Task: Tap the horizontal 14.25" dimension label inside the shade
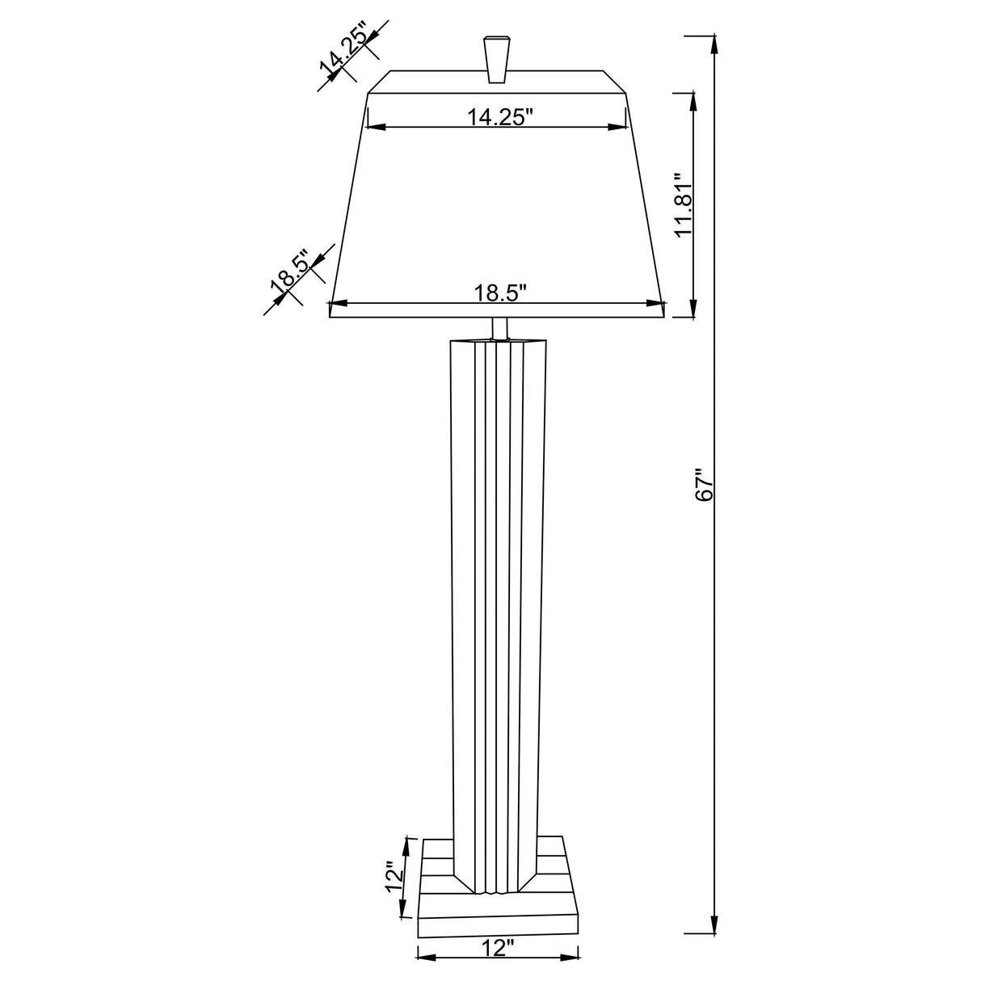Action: click(501, 117)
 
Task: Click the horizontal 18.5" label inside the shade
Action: click(501, 293)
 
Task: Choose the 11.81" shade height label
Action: click(684, 204)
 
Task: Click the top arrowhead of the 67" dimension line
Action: click(714, 45)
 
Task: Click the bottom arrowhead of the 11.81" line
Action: click(693, 309)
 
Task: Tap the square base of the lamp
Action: click(499, 909)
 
